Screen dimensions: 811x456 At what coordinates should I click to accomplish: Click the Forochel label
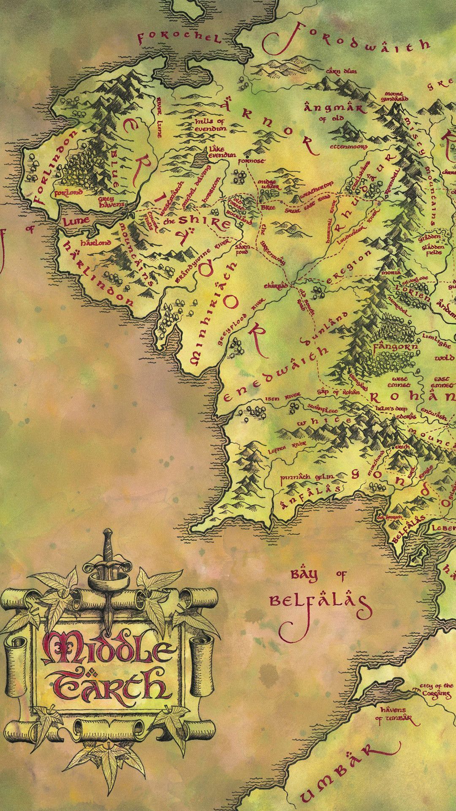click(179, 39)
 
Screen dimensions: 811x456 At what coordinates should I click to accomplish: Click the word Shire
click(204, 221)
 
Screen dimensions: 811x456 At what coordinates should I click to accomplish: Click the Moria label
click(391, 273)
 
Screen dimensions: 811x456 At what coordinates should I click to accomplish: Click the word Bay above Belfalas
click(304, 575)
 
